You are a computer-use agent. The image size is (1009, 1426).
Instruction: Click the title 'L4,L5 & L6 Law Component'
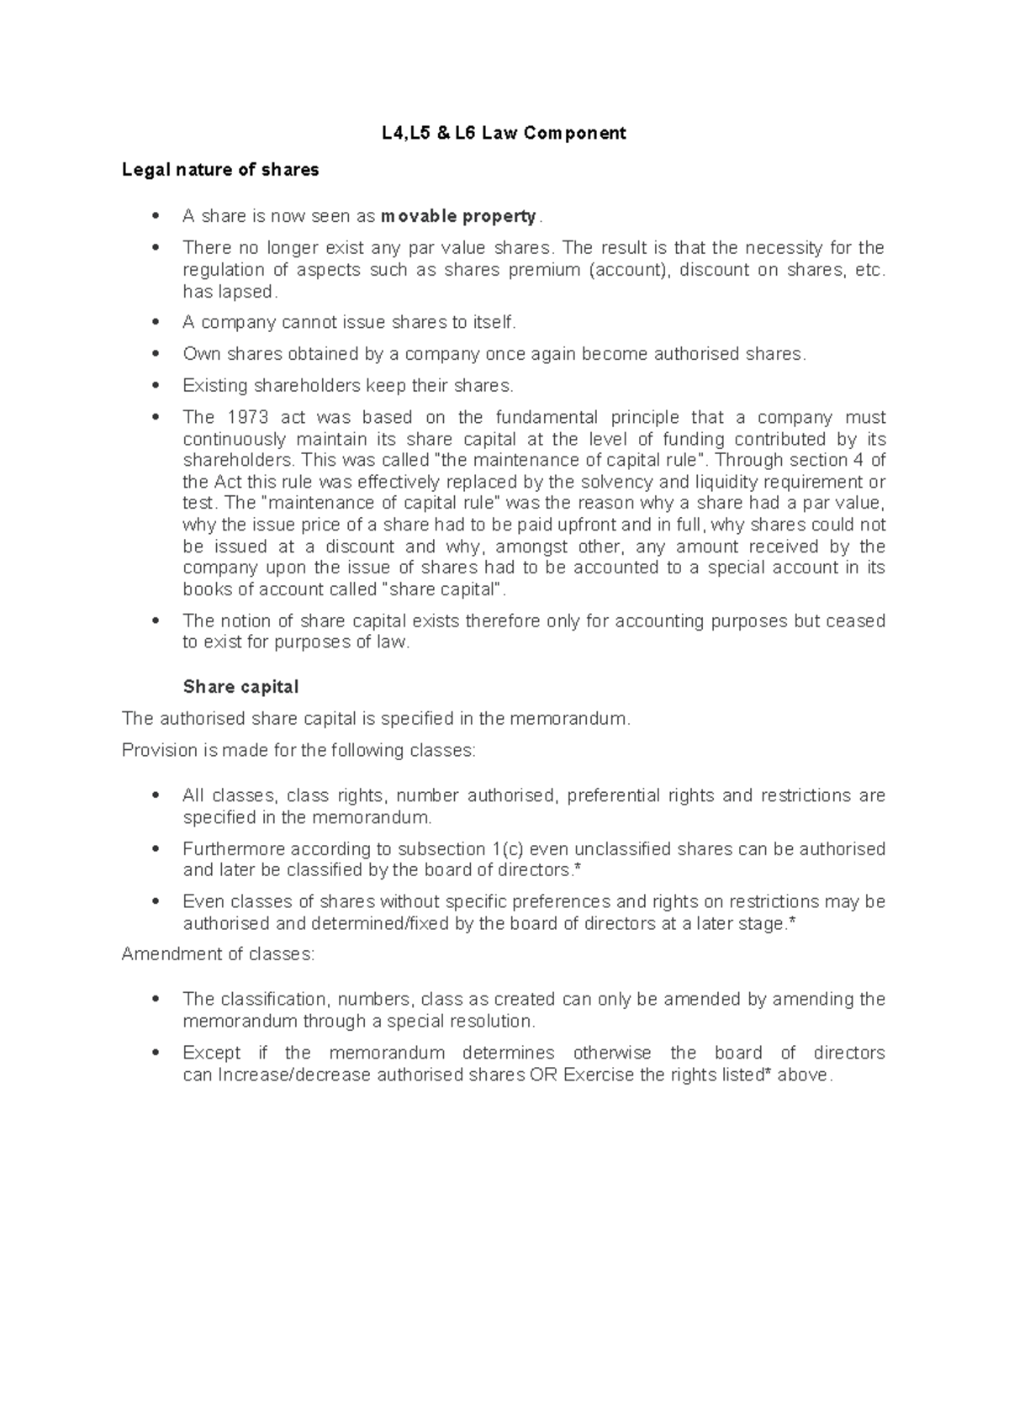tap(500, 133)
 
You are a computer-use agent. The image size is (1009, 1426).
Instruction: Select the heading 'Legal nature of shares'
tap(220, 170)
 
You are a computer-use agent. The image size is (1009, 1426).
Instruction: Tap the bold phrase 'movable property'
tap(458, 216)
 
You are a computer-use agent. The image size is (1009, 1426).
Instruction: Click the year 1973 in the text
tap(249, 417)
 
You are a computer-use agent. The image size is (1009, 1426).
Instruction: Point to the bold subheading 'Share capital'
tap(240, 687)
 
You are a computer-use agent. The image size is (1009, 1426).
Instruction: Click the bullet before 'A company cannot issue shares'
tap(154, 323)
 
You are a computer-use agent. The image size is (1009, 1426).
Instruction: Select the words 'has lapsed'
tap(228, 292)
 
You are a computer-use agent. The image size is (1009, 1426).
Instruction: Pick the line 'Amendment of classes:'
tap(218, 954)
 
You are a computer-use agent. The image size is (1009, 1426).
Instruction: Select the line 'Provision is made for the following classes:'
tap(298, 750)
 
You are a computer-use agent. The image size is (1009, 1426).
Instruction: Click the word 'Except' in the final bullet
tap(211, 1053)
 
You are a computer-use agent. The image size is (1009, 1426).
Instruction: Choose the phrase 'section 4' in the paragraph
tap(829, 460)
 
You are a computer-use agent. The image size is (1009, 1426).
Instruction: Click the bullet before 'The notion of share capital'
tap(154, 621)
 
